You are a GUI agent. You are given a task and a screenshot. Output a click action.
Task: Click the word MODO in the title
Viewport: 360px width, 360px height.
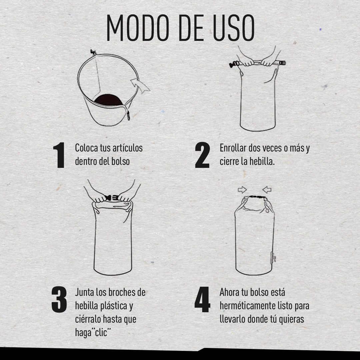[x=138, y=28]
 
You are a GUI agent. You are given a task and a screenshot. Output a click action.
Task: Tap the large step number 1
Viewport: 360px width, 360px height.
[x=59, y=155]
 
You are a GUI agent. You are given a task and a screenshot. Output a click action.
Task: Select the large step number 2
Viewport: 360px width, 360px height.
[x=202, y=155]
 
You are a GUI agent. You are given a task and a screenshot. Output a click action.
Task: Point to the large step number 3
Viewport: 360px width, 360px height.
[x=59, y=299]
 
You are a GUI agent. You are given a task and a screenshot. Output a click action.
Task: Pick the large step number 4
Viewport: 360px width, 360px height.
[x=202, y=299]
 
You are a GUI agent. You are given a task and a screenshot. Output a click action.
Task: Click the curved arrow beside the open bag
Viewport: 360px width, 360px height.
[x=140, y=85]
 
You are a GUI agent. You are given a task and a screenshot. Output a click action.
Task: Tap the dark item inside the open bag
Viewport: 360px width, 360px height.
[x=108, y=100]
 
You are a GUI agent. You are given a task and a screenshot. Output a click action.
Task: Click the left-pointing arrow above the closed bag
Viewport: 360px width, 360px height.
[x=267, y=190]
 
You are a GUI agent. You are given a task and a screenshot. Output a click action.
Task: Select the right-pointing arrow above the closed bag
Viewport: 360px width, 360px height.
[x=242, y=190]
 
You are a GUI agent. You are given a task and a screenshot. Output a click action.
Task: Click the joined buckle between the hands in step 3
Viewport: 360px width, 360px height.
[x=111, y=197]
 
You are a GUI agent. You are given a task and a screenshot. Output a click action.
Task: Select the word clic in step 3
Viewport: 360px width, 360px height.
[x=101, y=332]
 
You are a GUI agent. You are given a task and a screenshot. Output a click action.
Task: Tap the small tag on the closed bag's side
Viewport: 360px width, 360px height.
[x=273, y=258]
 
